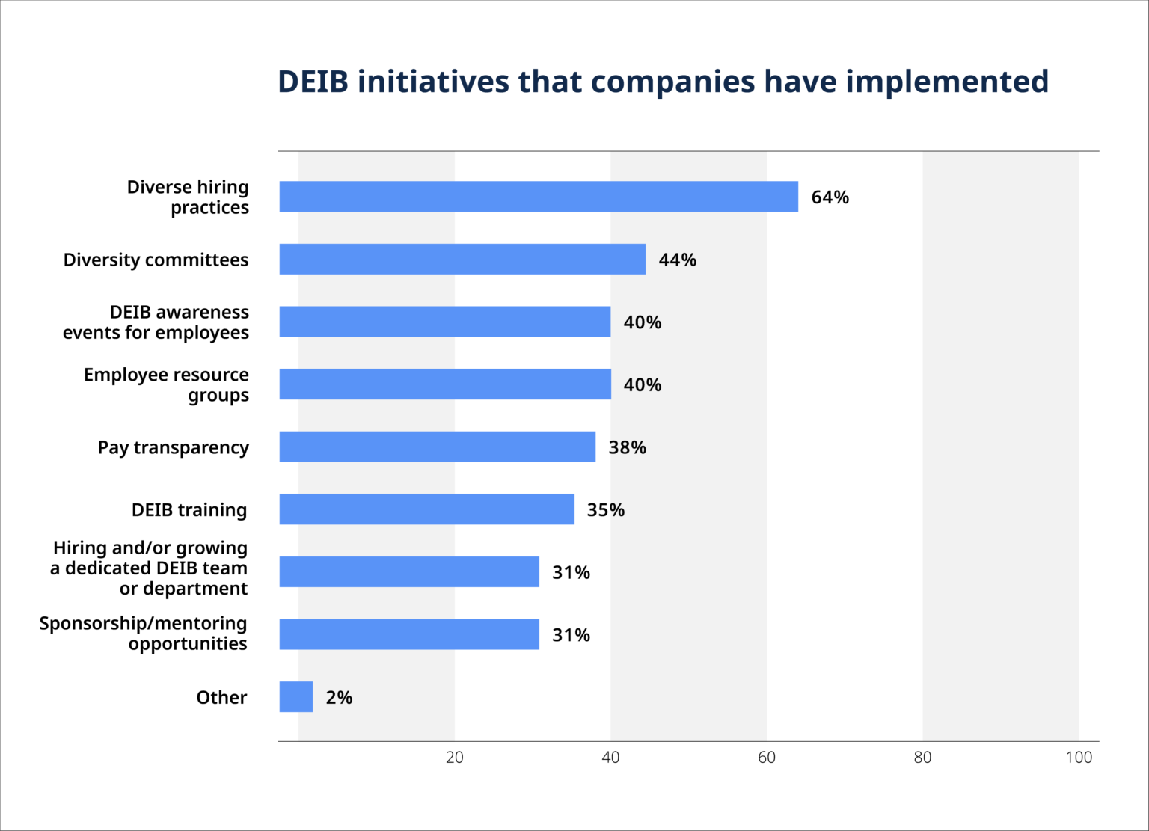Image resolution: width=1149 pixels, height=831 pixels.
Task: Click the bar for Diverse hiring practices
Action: pyautogui.click(x=539, y=197)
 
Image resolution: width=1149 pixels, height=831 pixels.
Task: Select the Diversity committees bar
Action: pyautogui.click(x=462, y=259)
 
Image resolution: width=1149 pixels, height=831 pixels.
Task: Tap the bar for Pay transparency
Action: pyautogui.click(x=438, y=447)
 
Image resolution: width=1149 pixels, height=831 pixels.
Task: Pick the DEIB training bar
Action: pyautogui.click(x=426, y=509)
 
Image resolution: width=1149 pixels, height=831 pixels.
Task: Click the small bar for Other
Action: pyautogui.click(x=296, y=697)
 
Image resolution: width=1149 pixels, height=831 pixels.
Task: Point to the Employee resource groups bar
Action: pyautogui.click(x=445, y=384)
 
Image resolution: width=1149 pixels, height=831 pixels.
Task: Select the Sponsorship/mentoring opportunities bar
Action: pyautogui.click(x=409, y=634)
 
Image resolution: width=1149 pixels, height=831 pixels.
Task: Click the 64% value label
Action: pyautogui.click(x=830, y=197)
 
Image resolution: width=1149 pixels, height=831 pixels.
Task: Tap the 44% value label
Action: pyautogui.click(x=677, y=260)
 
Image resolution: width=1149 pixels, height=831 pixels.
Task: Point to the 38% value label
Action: pyautogui.click(x=627, y=447)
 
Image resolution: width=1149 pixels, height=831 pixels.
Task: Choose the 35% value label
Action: pyautogui.click(x=605, y=510)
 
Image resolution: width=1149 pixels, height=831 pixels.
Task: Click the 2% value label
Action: pyautogui.click(x=339, y=698)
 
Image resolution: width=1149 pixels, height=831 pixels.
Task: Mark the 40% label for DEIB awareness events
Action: pyautogui.click(x=642, y=322)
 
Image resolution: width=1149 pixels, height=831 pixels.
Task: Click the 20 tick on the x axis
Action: pyautogui.click(x=454, y=758)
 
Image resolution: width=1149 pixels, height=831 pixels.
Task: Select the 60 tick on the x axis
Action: pyautogui.click(x=766, y=758)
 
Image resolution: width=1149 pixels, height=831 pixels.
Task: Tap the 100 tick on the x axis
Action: pyautogui.click(x=1078, y=758)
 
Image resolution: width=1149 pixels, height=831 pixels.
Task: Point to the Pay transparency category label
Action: pyautogui.click(x=173, y=447)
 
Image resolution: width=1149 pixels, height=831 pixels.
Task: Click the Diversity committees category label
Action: pyautogui.click(x=156, y=260)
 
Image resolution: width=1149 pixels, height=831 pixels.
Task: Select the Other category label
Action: pyautogui.click(x=221, y=698)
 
